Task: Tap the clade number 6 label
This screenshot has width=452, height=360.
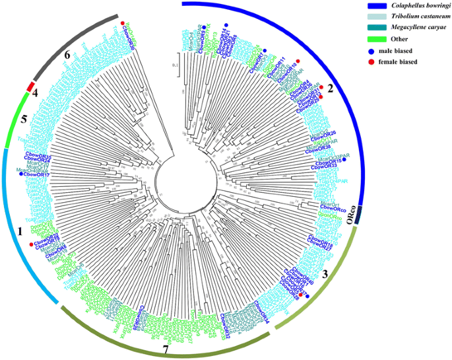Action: [67, 55]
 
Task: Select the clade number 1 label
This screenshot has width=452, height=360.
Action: [20, 232]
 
